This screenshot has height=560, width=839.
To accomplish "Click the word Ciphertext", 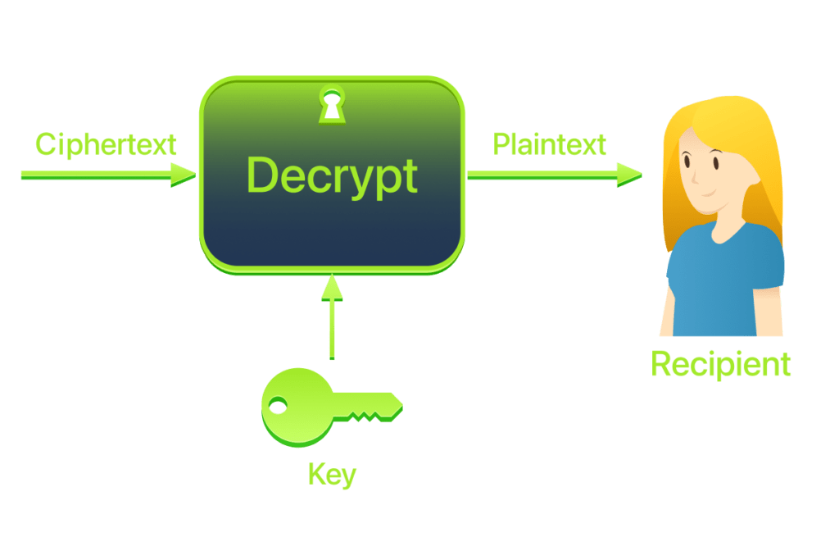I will point(106,144).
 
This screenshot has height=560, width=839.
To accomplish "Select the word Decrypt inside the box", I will point(332,175).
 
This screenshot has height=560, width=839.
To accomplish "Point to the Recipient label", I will point(721,364).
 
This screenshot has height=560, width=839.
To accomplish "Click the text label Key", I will point(332,474).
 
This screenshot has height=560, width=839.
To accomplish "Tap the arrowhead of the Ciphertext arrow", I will point(183,174).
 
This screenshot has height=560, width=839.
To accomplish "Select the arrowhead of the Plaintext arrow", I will point(628,174).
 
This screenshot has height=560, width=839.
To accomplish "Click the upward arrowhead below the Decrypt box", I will point(332,287).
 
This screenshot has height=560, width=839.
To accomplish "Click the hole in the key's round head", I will point(279,405).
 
